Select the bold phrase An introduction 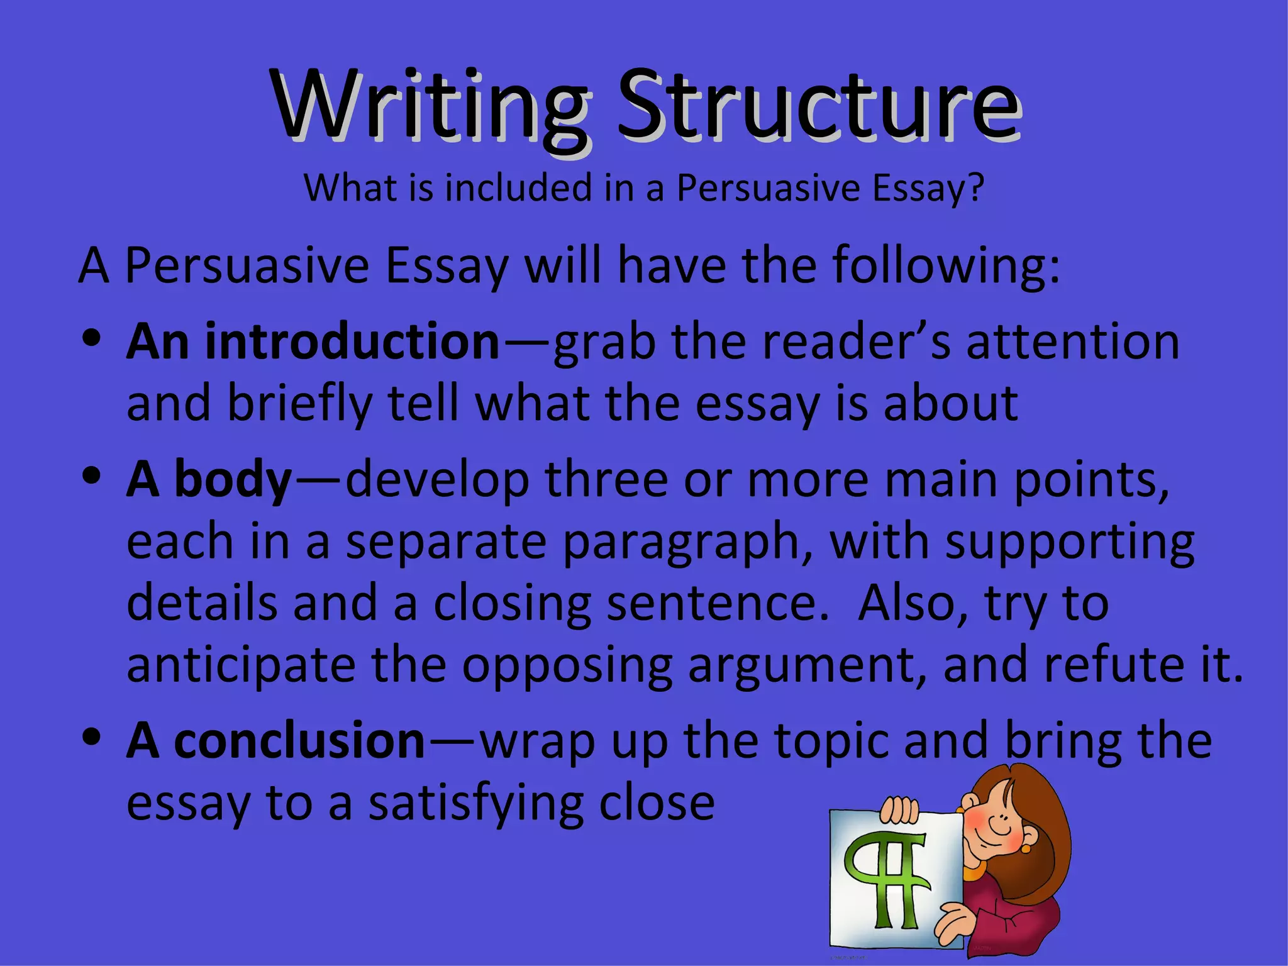[313, 341]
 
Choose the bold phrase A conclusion [276, 741]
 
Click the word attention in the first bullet [1072, 341]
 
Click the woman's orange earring [1026, 848]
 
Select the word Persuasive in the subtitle [768, 188]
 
